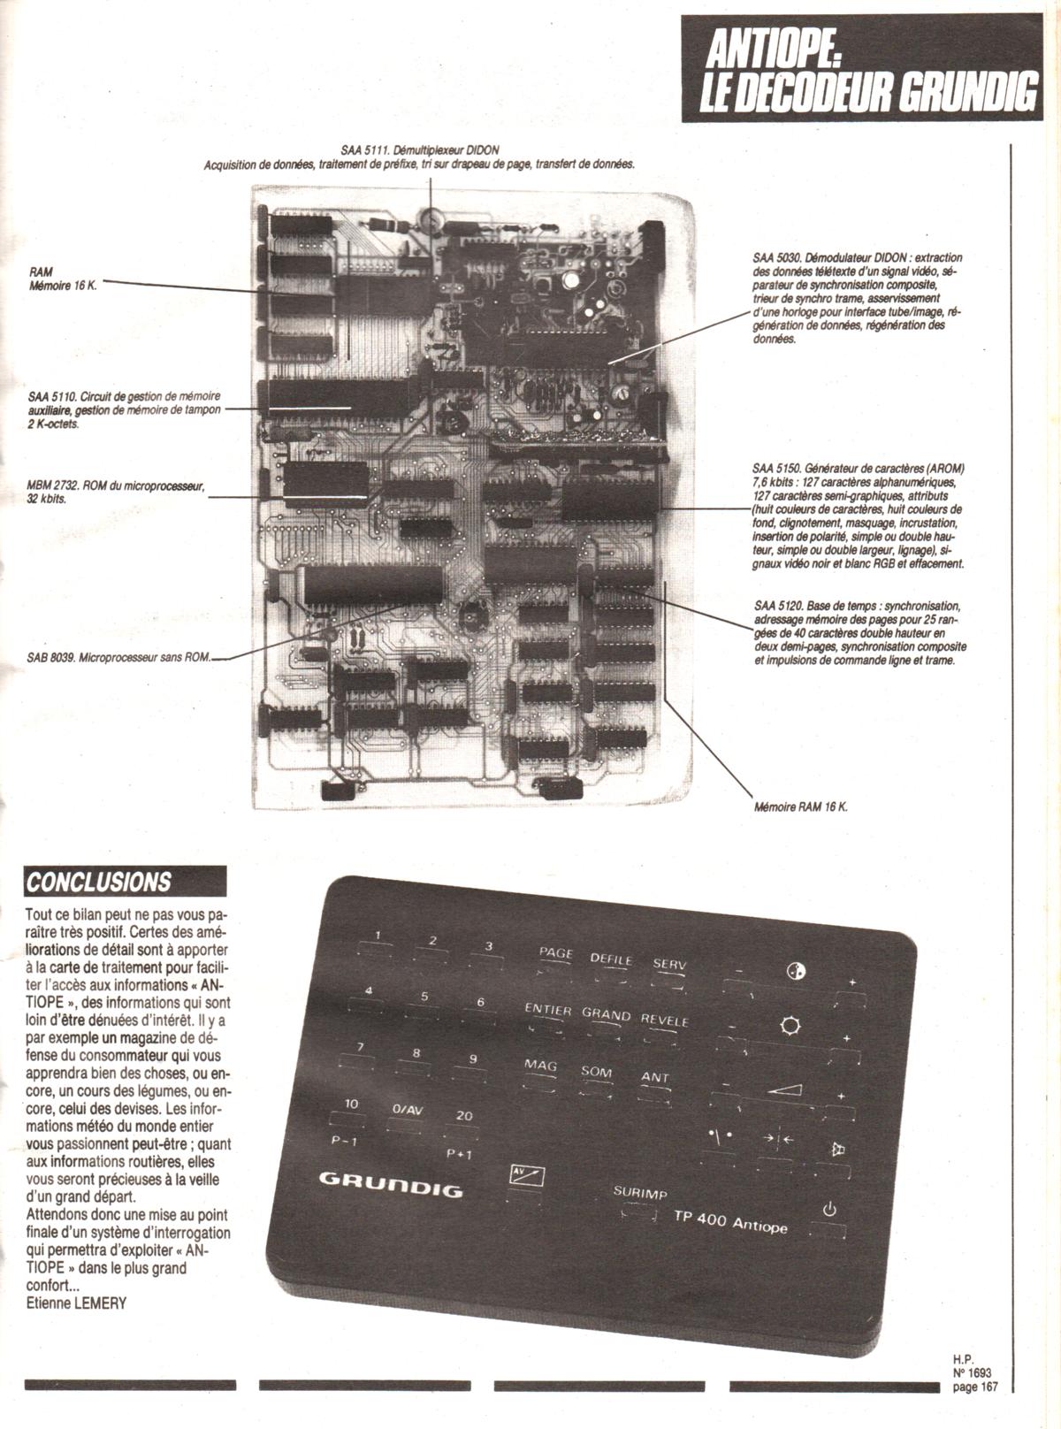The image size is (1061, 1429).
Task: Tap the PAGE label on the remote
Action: pos(555,954)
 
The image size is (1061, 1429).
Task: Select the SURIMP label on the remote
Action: pos(640,1193)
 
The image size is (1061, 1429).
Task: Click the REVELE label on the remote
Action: pos(664,1020)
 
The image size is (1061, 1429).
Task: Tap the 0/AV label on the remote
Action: pos(408,1110)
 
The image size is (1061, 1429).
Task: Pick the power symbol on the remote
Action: pos(828,1209)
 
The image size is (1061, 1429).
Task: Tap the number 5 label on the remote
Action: pos(424,997)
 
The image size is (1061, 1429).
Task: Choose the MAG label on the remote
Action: pos(540,1065)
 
